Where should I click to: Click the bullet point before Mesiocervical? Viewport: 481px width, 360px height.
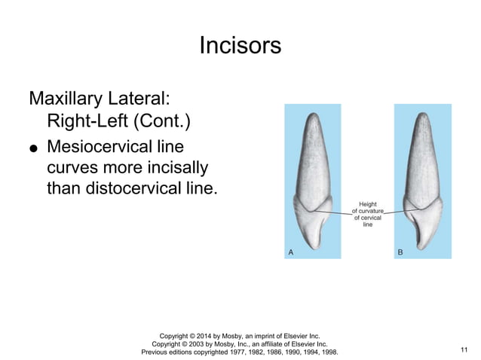(x=33, y=148)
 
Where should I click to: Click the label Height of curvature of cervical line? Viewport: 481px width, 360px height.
(x=368, y=213)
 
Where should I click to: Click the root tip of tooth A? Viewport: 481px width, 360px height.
(x=313, y=115)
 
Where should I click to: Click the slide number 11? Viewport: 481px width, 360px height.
(x=463, y=348)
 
